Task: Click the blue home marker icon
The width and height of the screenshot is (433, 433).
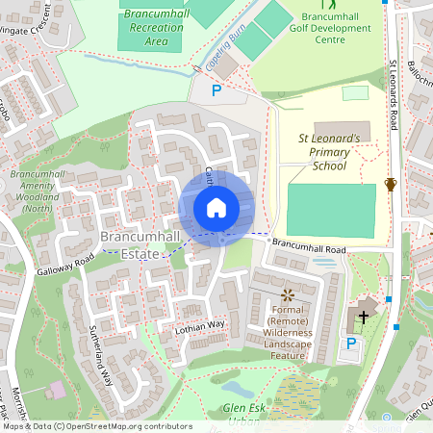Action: [216, 208]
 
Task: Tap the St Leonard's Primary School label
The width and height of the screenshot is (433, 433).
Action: [329, 151]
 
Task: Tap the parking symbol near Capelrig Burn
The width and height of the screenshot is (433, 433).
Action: [216, 90]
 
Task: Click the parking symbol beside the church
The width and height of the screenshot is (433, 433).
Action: [351, 343]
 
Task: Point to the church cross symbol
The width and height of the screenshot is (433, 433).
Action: [364, 314]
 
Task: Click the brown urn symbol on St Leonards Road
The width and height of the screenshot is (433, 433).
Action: [391, 184]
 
